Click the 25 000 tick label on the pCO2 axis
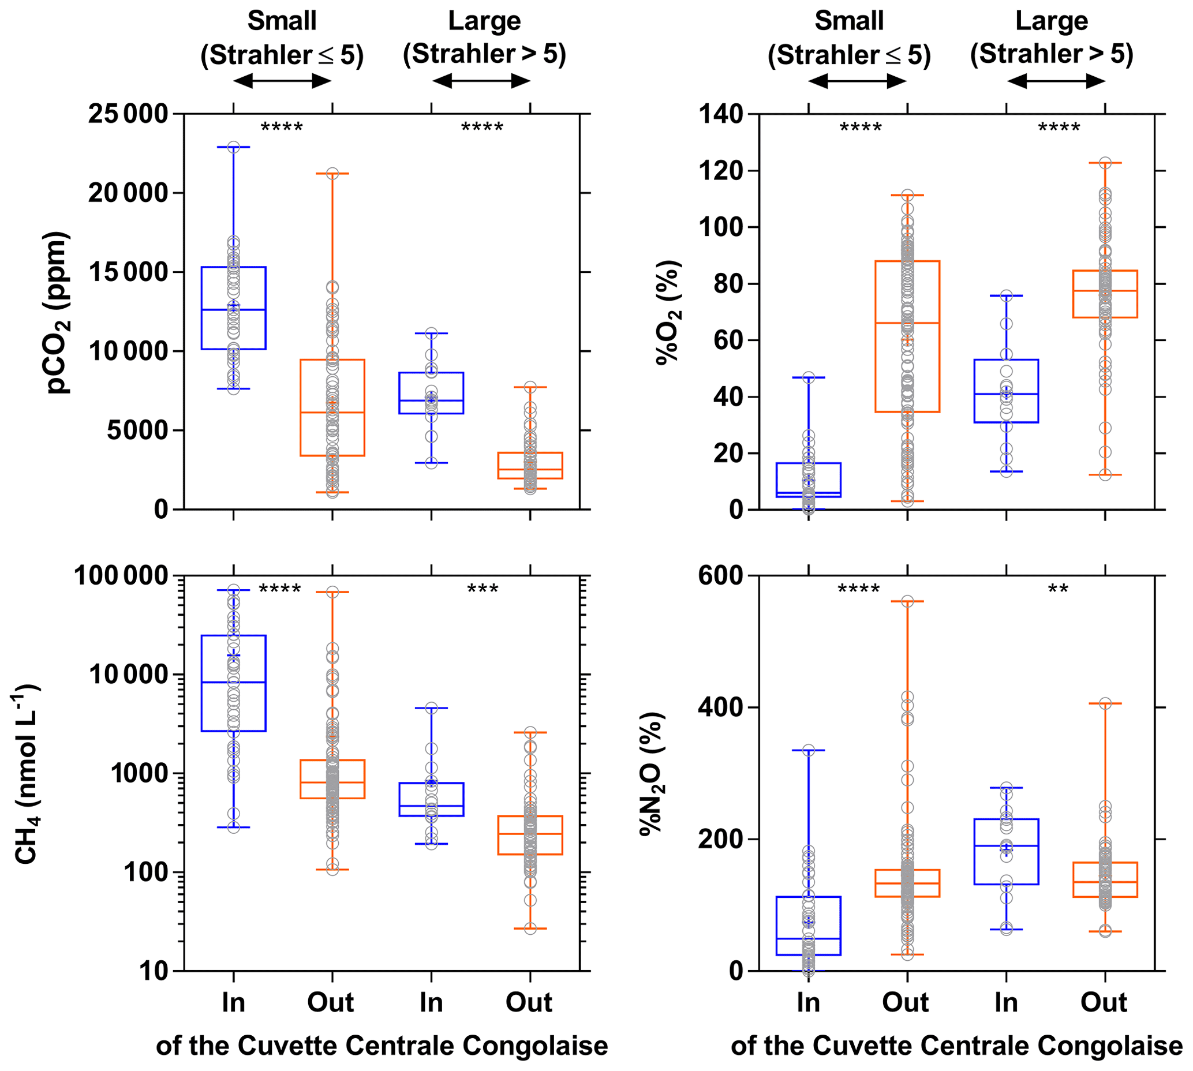(128, 114)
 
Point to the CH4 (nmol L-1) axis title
(27, 773)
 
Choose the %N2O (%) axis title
(652, 773)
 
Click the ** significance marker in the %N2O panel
(1058, 589)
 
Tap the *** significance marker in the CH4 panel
(483, 589)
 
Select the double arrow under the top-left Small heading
(282, 81)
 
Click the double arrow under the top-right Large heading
(1056, 81)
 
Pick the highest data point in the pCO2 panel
(234, 147)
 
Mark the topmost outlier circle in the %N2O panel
(907, 601)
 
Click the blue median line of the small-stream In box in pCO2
(234, 309)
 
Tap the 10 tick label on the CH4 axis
(154, 971)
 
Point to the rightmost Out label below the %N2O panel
(1104, 1002)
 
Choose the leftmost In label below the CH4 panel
(234, 1002)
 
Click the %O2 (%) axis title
(669, 312)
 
